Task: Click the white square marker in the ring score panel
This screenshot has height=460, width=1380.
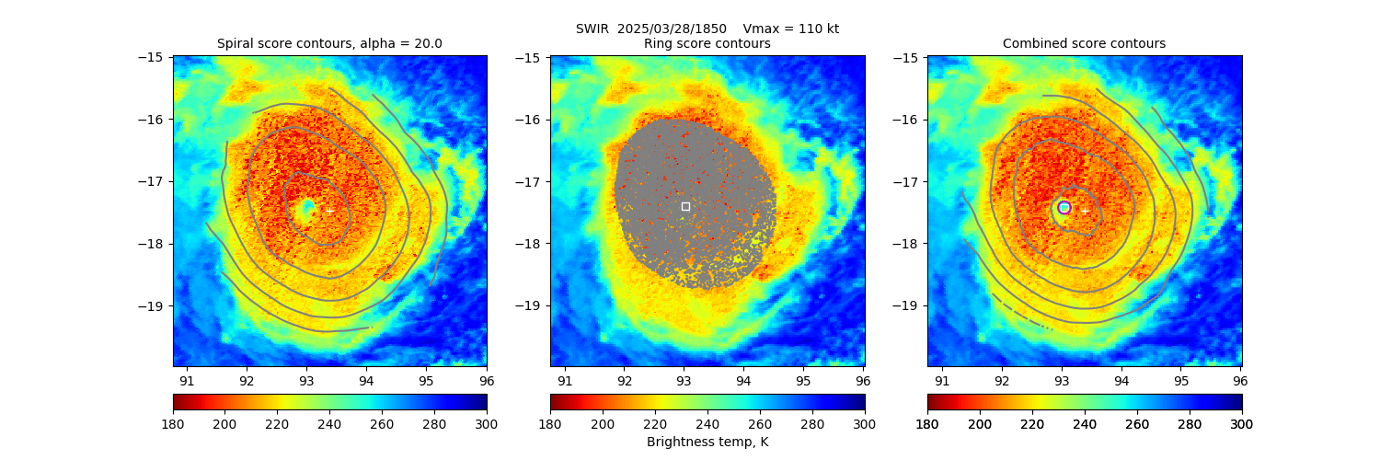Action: pyautogui.click(x=685, y=206)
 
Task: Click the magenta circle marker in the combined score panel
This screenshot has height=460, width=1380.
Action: pyautogui.click(x=1064, y=207)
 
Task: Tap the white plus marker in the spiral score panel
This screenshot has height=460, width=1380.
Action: pyautogui.click(x=329, y=211)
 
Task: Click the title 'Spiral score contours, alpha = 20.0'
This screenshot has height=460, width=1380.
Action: pyautogui.click(x=329, y=43)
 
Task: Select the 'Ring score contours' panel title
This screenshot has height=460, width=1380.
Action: pyautogui.click(x=707, y=43)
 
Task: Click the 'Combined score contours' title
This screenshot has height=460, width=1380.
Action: pyautogui.click(x=1084, y=43)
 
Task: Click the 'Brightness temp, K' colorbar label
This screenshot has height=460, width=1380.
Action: pyautogui.click(x=707, y=442)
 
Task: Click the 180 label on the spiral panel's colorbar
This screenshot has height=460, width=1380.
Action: pyautogui.click(x=173, y=423)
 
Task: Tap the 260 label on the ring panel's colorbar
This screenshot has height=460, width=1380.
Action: pyautogui.click(x=760, y=423)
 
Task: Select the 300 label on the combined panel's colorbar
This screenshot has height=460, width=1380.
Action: pyautogui.click(x=1241, y=423)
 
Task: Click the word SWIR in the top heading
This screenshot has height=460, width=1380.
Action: pyautogui.click(x=592, y=29)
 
